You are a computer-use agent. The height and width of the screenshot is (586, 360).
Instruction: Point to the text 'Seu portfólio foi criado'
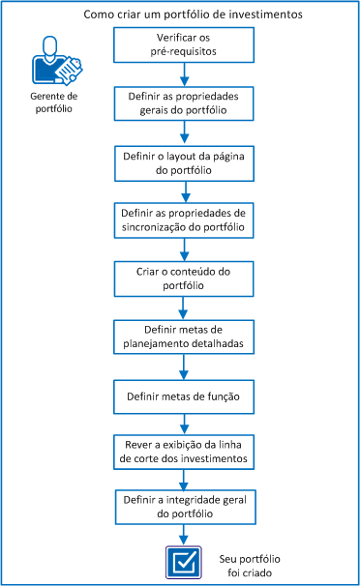click(255, 564)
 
